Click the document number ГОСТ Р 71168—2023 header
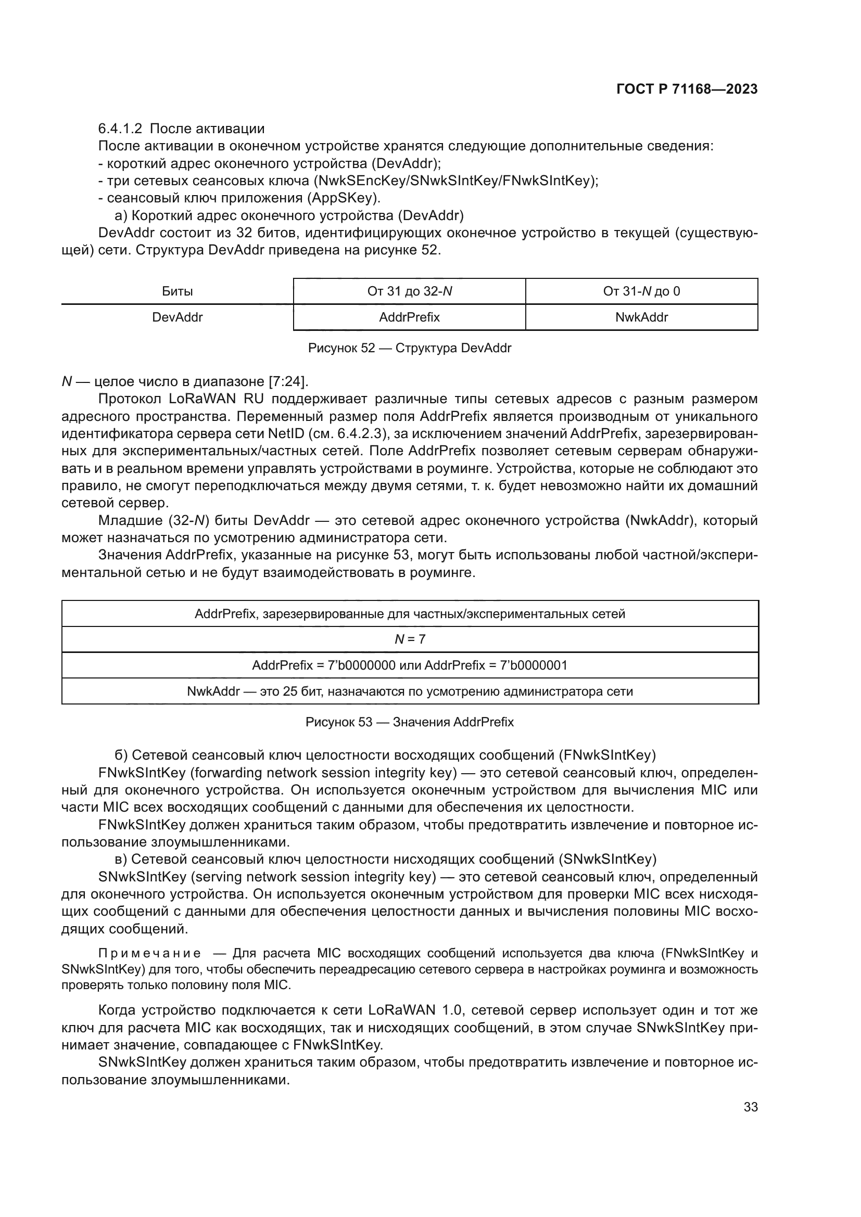(687, 89)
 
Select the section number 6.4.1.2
(120, 129)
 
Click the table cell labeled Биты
(177, 291)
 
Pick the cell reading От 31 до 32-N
(409, 291)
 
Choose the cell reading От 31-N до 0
(641, 291)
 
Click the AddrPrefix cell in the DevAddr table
(409, 317)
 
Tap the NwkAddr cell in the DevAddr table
(641, 317)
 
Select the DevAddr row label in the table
(177, 317)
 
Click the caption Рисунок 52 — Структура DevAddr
(409, 348)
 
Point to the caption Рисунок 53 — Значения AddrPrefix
(409, 722)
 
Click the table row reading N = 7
(409, 639)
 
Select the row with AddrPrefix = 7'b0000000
(409, 665)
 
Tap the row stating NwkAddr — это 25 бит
(409, 691)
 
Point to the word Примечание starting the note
(150, 954)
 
